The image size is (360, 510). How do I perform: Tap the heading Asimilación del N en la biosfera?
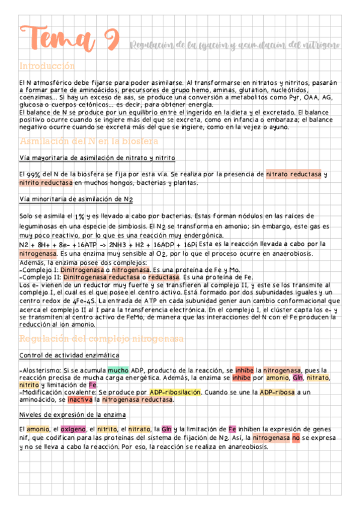coord(88,141)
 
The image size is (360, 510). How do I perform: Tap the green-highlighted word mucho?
coord(118,370)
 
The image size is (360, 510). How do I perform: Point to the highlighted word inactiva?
coord(80,399)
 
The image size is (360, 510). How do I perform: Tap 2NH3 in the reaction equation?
coord(114,245)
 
